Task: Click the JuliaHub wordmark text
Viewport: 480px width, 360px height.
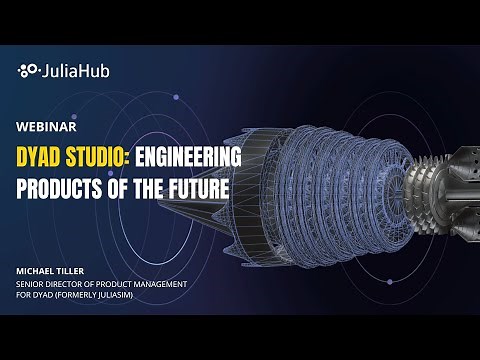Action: pyautogui.click(x=70, y=70)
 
